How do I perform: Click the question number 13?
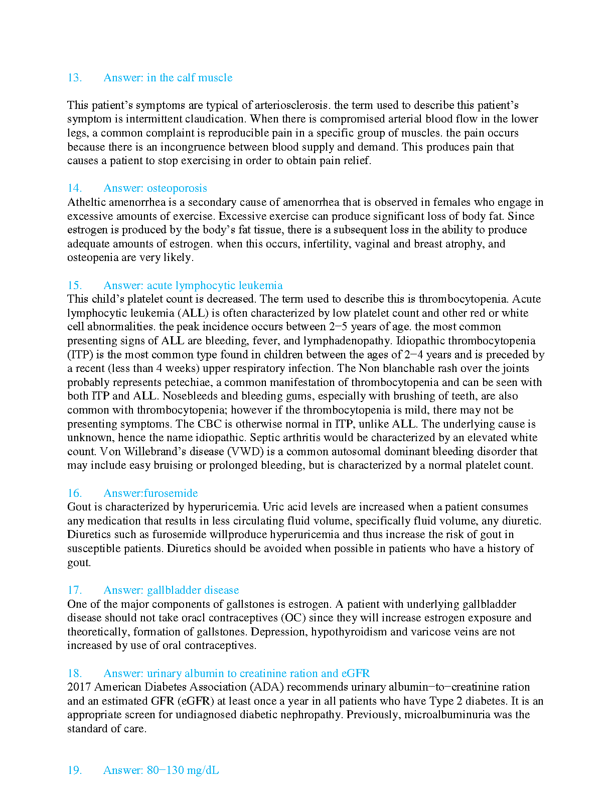point(74,78)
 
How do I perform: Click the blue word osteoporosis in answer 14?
point(177,188)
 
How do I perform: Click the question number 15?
point(74,286)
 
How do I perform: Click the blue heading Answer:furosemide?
point(150,493)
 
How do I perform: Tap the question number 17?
point(74,590)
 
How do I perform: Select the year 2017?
point(79,687)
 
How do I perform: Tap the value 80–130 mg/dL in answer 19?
point(183,770)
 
